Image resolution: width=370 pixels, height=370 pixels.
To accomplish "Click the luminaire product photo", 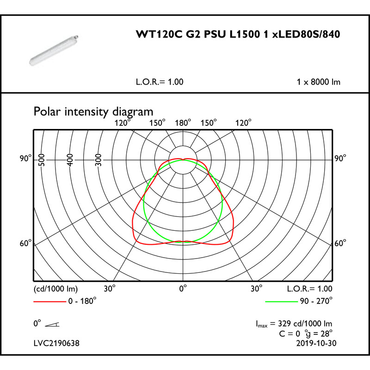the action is coord(54,50).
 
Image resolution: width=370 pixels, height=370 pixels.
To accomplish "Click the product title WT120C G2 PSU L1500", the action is coord(198,34).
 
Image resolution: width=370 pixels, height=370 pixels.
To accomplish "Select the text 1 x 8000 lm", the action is coord(318,82).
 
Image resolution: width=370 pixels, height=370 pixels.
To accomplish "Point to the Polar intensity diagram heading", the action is coord(93,111).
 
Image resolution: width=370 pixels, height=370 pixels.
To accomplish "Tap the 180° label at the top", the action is coord(183,123).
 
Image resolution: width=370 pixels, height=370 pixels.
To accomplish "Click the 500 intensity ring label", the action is coord(42,160).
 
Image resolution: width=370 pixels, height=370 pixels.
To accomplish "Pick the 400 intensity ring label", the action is coord(70,160).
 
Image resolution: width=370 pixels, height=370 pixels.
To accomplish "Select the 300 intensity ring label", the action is coord(99,160).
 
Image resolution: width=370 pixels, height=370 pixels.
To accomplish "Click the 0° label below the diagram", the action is coord(183,288).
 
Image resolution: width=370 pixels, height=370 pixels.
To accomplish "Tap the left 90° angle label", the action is coord(26,158).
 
